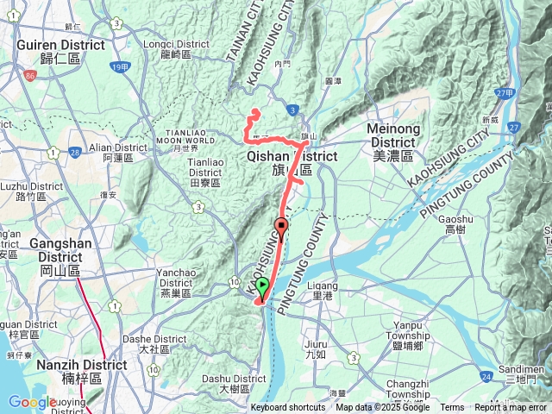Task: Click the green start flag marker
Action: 262,287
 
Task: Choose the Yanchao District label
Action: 175,278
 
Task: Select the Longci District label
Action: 177,48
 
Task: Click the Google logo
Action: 32,402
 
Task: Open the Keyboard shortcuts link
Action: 287,408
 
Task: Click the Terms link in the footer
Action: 452,408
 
